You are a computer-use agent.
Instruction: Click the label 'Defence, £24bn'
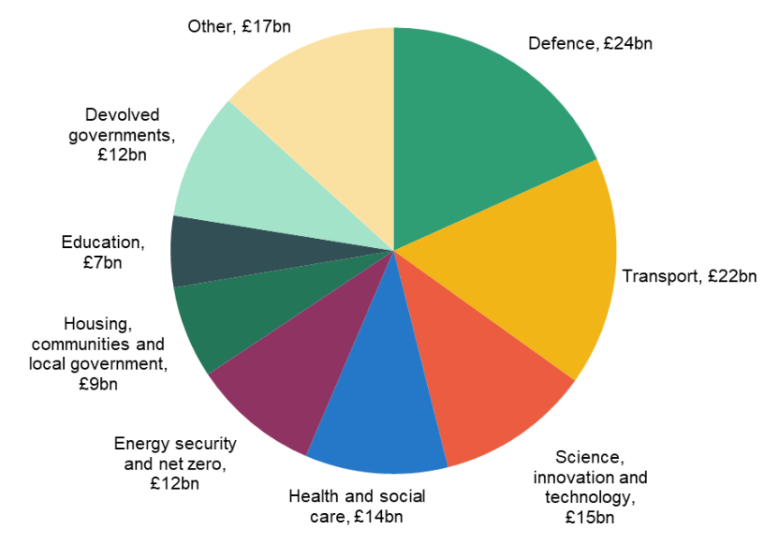point(590,43)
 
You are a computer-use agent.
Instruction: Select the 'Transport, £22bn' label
point(689,276)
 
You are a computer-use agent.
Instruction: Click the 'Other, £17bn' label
point(238,26)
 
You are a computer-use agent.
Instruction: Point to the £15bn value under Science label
point(589,518)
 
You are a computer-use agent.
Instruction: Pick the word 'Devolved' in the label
point(122,115)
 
